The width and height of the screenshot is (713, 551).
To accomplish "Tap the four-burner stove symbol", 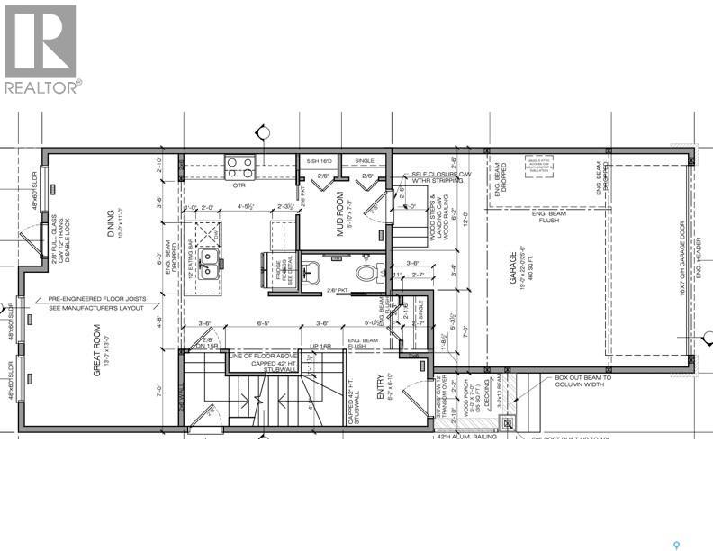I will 239,167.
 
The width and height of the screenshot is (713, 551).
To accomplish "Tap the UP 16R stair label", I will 320,345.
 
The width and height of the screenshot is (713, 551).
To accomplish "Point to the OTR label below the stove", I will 239,185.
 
